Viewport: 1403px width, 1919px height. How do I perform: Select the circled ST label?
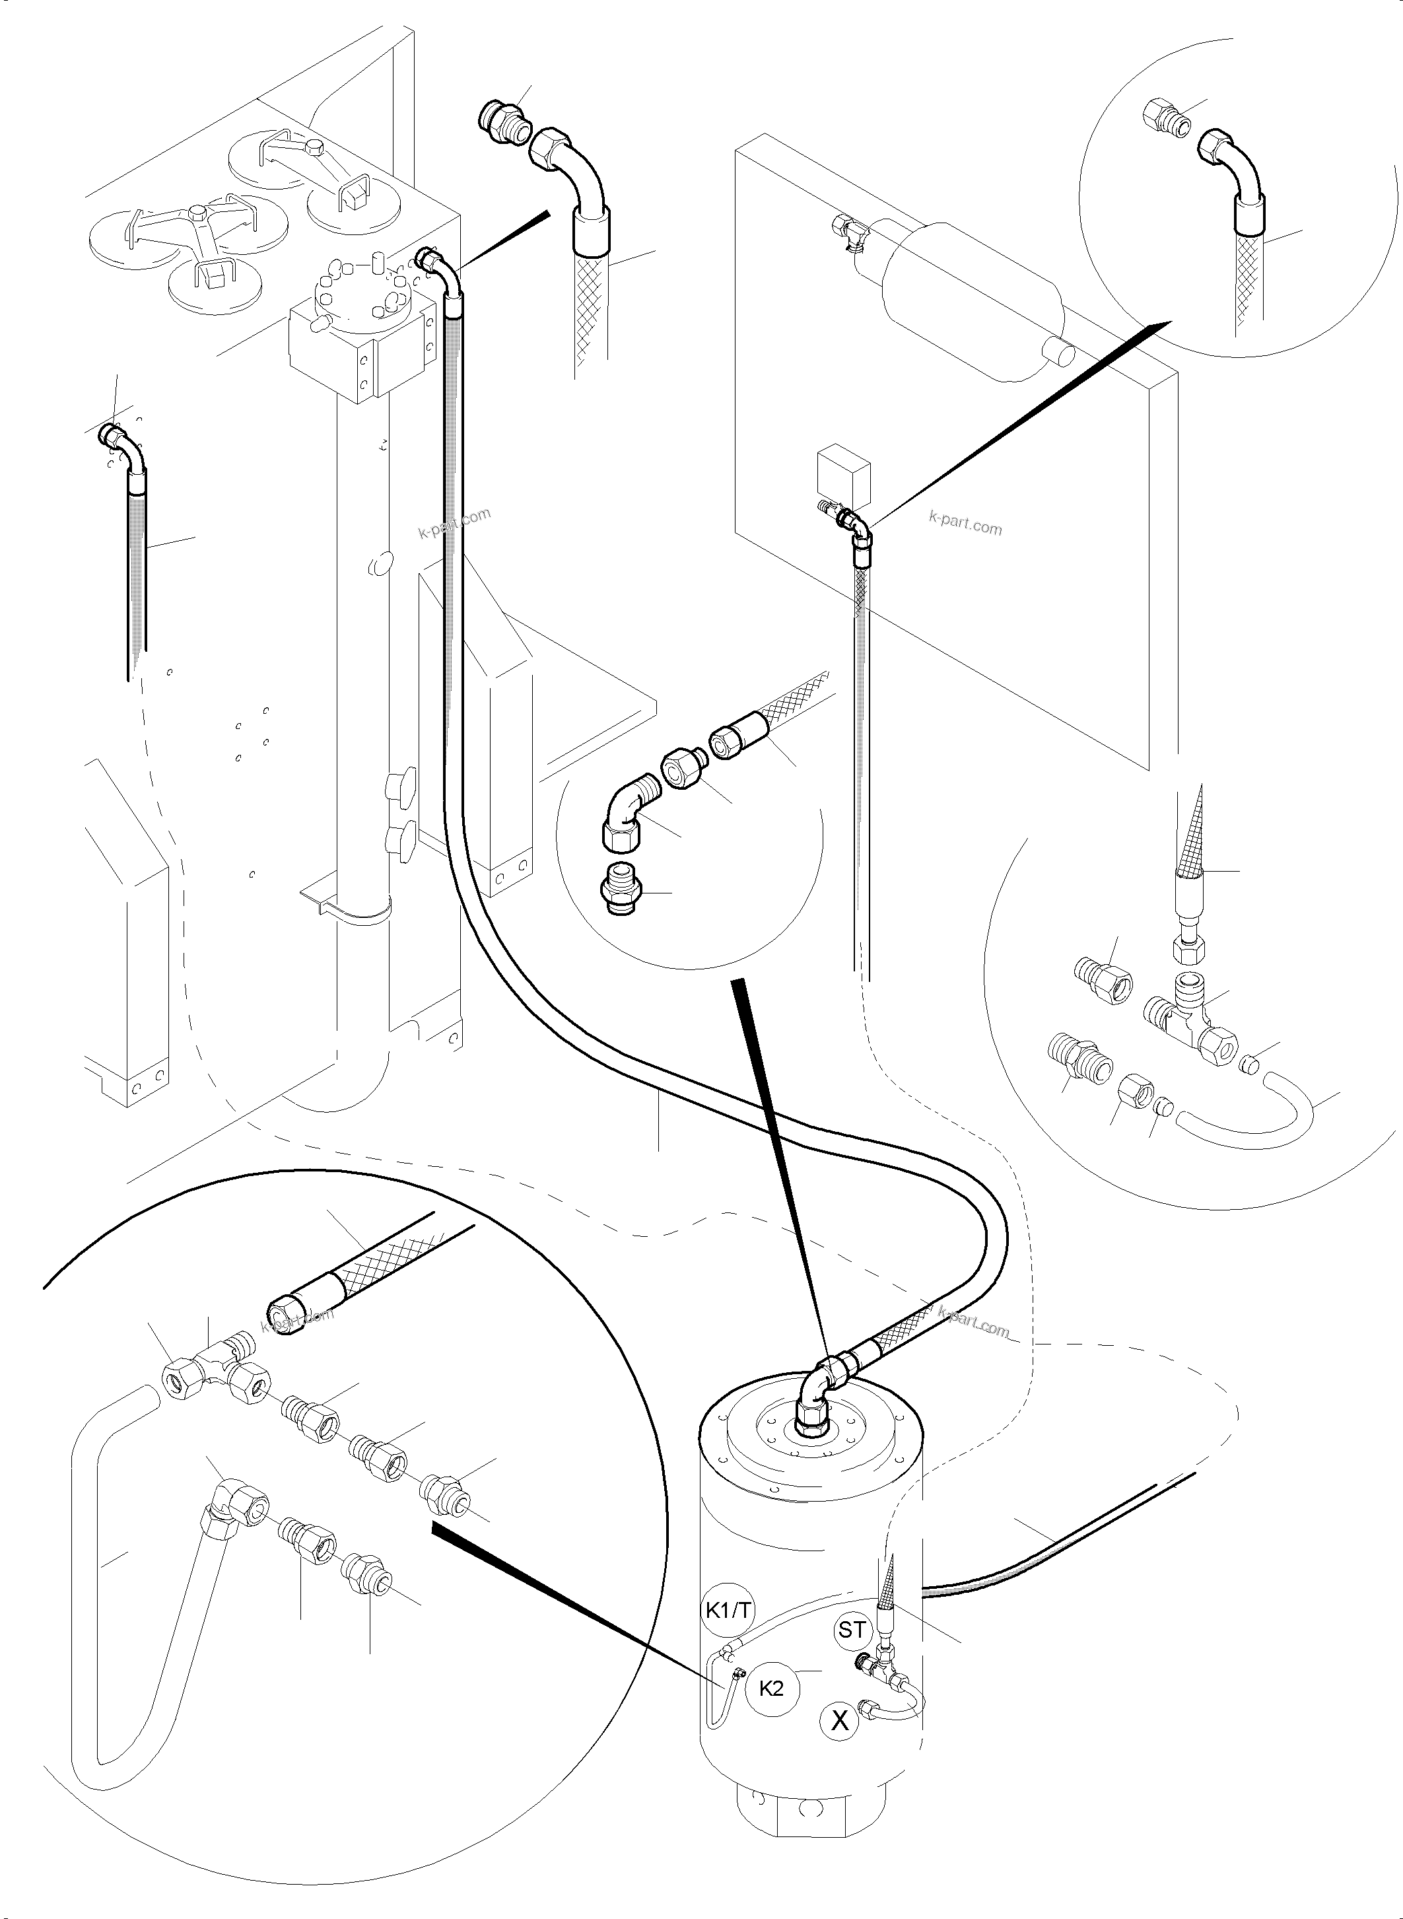[851, 1629]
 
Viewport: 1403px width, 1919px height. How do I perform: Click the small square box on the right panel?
[842, 472]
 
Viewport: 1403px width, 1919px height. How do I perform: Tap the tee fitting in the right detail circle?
[1187, 1011]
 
